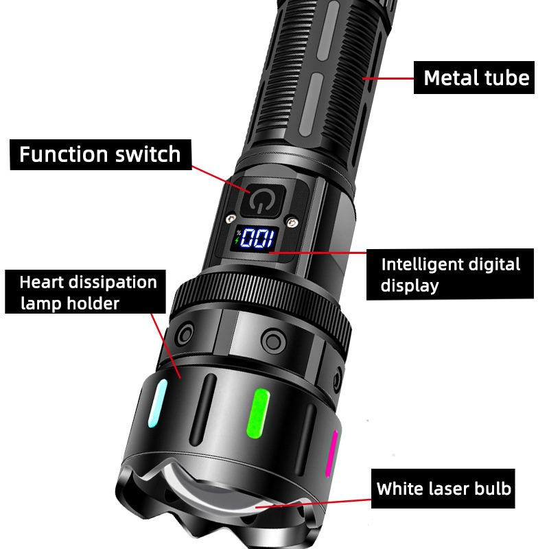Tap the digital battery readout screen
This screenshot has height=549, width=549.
pos(255,240)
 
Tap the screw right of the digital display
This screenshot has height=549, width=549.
pos(293,222)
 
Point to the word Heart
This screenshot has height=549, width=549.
pos(40,282)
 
